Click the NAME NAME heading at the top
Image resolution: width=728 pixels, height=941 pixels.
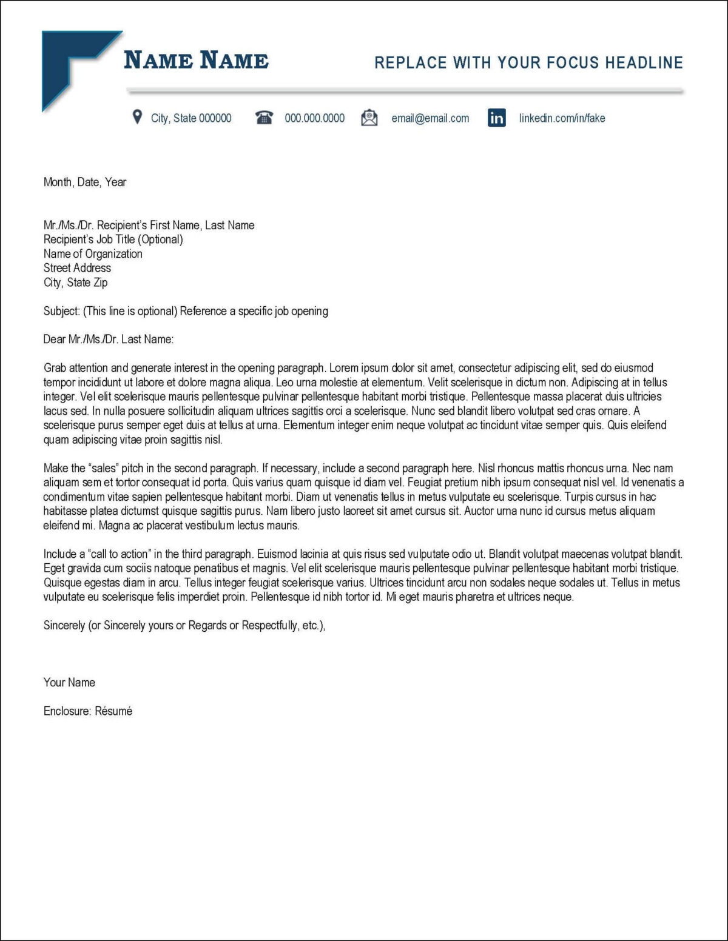tap(196, 61)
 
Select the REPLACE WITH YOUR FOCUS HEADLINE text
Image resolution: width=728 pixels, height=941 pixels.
tap(528, 62)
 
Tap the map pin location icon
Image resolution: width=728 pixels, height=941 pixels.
tap(138, 117)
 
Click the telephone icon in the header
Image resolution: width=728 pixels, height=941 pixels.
tap(264, 118)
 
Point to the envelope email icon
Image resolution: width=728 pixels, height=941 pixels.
tap(369, 118)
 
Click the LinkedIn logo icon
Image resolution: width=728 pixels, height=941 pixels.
tap(497, 118)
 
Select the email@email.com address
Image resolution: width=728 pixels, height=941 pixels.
tap(430, 118)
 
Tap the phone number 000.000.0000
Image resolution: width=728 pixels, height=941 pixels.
tap(314, 118)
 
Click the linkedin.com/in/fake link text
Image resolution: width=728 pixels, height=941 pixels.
tap(562, 118)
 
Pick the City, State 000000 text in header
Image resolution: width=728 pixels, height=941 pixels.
tap(191, 118)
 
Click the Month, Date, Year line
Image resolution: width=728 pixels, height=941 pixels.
tap(85, 182)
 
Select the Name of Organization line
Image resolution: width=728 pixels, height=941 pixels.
tap(93, 254)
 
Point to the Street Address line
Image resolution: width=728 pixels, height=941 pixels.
tap(77, 268)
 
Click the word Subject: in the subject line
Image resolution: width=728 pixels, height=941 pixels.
tap(61, 311)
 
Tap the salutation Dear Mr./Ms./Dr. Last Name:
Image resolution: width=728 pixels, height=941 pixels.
tap(109, 340)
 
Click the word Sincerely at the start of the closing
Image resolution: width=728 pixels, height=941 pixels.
tap(64, 626)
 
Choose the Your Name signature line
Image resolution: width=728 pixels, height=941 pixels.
tap(69, 683)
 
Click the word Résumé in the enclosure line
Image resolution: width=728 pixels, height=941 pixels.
tap(113, 711)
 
